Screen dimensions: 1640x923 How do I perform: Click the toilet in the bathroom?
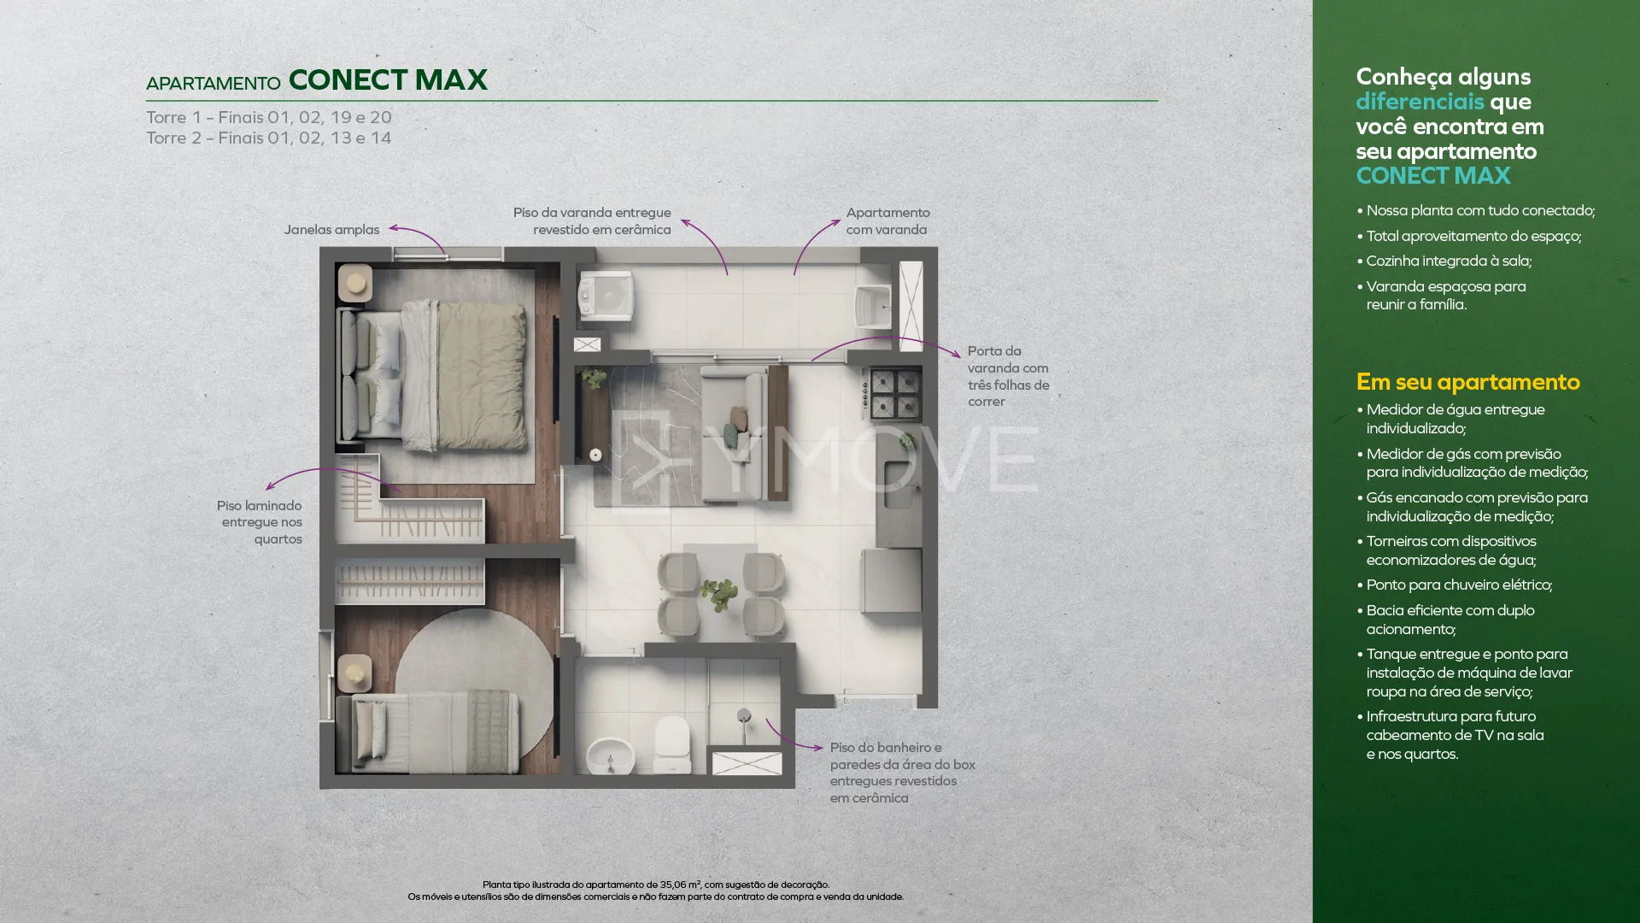(x=671, y=744)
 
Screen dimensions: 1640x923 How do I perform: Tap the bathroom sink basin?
(x=610, y=755)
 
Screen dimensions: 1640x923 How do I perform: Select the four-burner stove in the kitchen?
(x=895, y=393)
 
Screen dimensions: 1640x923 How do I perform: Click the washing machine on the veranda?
(x=606, y=296)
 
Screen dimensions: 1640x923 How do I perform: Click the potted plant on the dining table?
(x=718, y=591)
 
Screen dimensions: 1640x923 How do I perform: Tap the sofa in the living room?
(x=733, y=433)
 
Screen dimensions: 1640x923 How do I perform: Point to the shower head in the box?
(x=744, y=716)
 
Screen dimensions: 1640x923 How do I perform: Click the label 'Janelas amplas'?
(x=331, y=229)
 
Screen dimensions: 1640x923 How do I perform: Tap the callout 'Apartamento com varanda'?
(x=887, y=220)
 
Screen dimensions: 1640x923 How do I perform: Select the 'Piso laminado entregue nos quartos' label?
(x=260, y=522)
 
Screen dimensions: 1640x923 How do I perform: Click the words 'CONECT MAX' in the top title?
(x=388, y=79)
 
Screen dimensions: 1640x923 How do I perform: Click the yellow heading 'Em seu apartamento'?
(x=1467, y=381)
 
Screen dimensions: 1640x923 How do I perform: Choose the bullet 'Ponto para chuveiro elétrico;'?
(x=1454, y=585)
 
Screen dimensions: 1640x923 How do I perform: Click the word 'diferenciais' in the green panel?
(x=1420, y=102)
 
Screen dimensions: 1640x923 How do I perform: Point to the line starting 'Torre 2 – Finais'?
(x=268, y=138)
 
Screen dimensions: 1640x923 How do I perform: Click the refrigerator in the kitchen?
(x=892, y=580)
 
